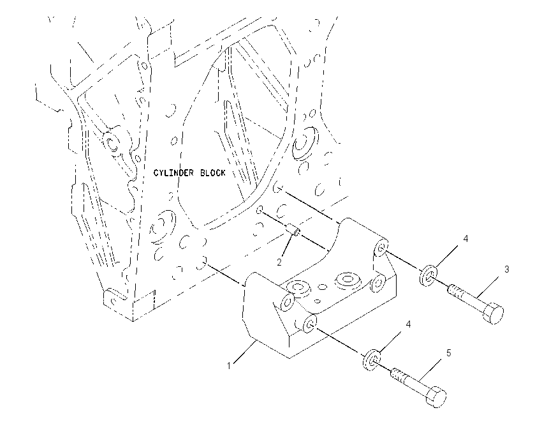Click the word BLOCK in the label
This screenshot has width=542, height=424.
coord(213,172)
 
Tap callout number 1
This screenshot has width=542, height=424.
coord(228,366)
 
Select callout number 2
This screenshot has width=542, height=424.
coord(279,262)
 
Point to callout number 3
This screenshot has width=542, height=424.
coord(507,269)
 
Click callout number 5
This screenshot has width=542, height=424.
coord(449,353)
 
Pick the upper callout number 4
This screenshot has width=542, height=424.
coord(465,238)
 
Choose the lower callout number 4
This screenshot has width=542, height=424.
coord(408,324)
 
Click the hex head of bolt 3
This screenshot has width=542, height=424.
coord(494,314)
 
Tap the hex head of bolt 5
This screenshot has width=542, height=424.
coord(436,397)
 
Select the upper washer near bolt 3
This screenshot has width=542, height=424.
coord(428,275)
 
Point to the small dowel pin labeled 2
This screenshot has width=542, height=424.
coord(293,231)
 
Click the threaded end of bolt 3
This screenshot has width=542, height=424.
coord(457,292)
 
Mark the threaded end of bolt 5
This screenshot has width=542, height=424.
coord(399,377)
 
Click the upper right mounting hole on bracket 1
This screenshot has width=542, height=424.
coord(381,248)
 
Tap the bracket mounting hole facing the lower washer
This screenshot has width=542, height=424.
coord(309,324)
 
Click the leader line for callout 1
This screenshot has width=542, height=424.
coord(245,352)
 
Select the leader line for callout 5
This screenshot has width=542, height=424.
coord(429,370)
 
